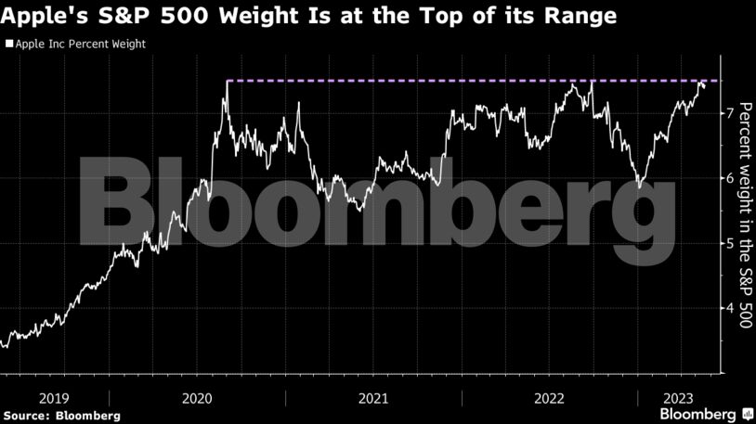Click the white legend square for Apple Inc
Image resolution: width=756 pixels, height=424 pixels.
point(8,44)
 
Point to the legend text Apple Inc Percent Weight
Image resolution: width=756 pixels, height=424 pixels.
point(80,44)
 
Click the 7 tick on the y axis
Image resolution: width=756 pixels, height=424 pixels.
point(730,113)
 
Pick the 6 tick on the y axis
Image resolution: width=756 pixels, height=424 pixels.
point(730,178)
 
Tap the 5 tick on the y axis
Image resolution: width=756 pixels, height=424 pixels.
point(730,243)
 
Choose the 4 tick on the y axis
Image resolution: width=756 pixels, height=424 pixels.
point(730,308)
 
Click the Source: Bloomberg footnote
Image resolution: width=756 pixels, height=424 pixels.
point(61,415)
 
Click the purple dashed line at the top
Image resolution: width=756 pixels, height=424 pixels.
point(464,82)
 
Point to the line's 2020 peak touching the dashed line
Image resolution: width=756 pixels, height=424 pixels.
point(227,83)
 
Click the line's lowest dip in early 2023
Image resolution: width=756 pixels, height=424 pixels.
point(638,186)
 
